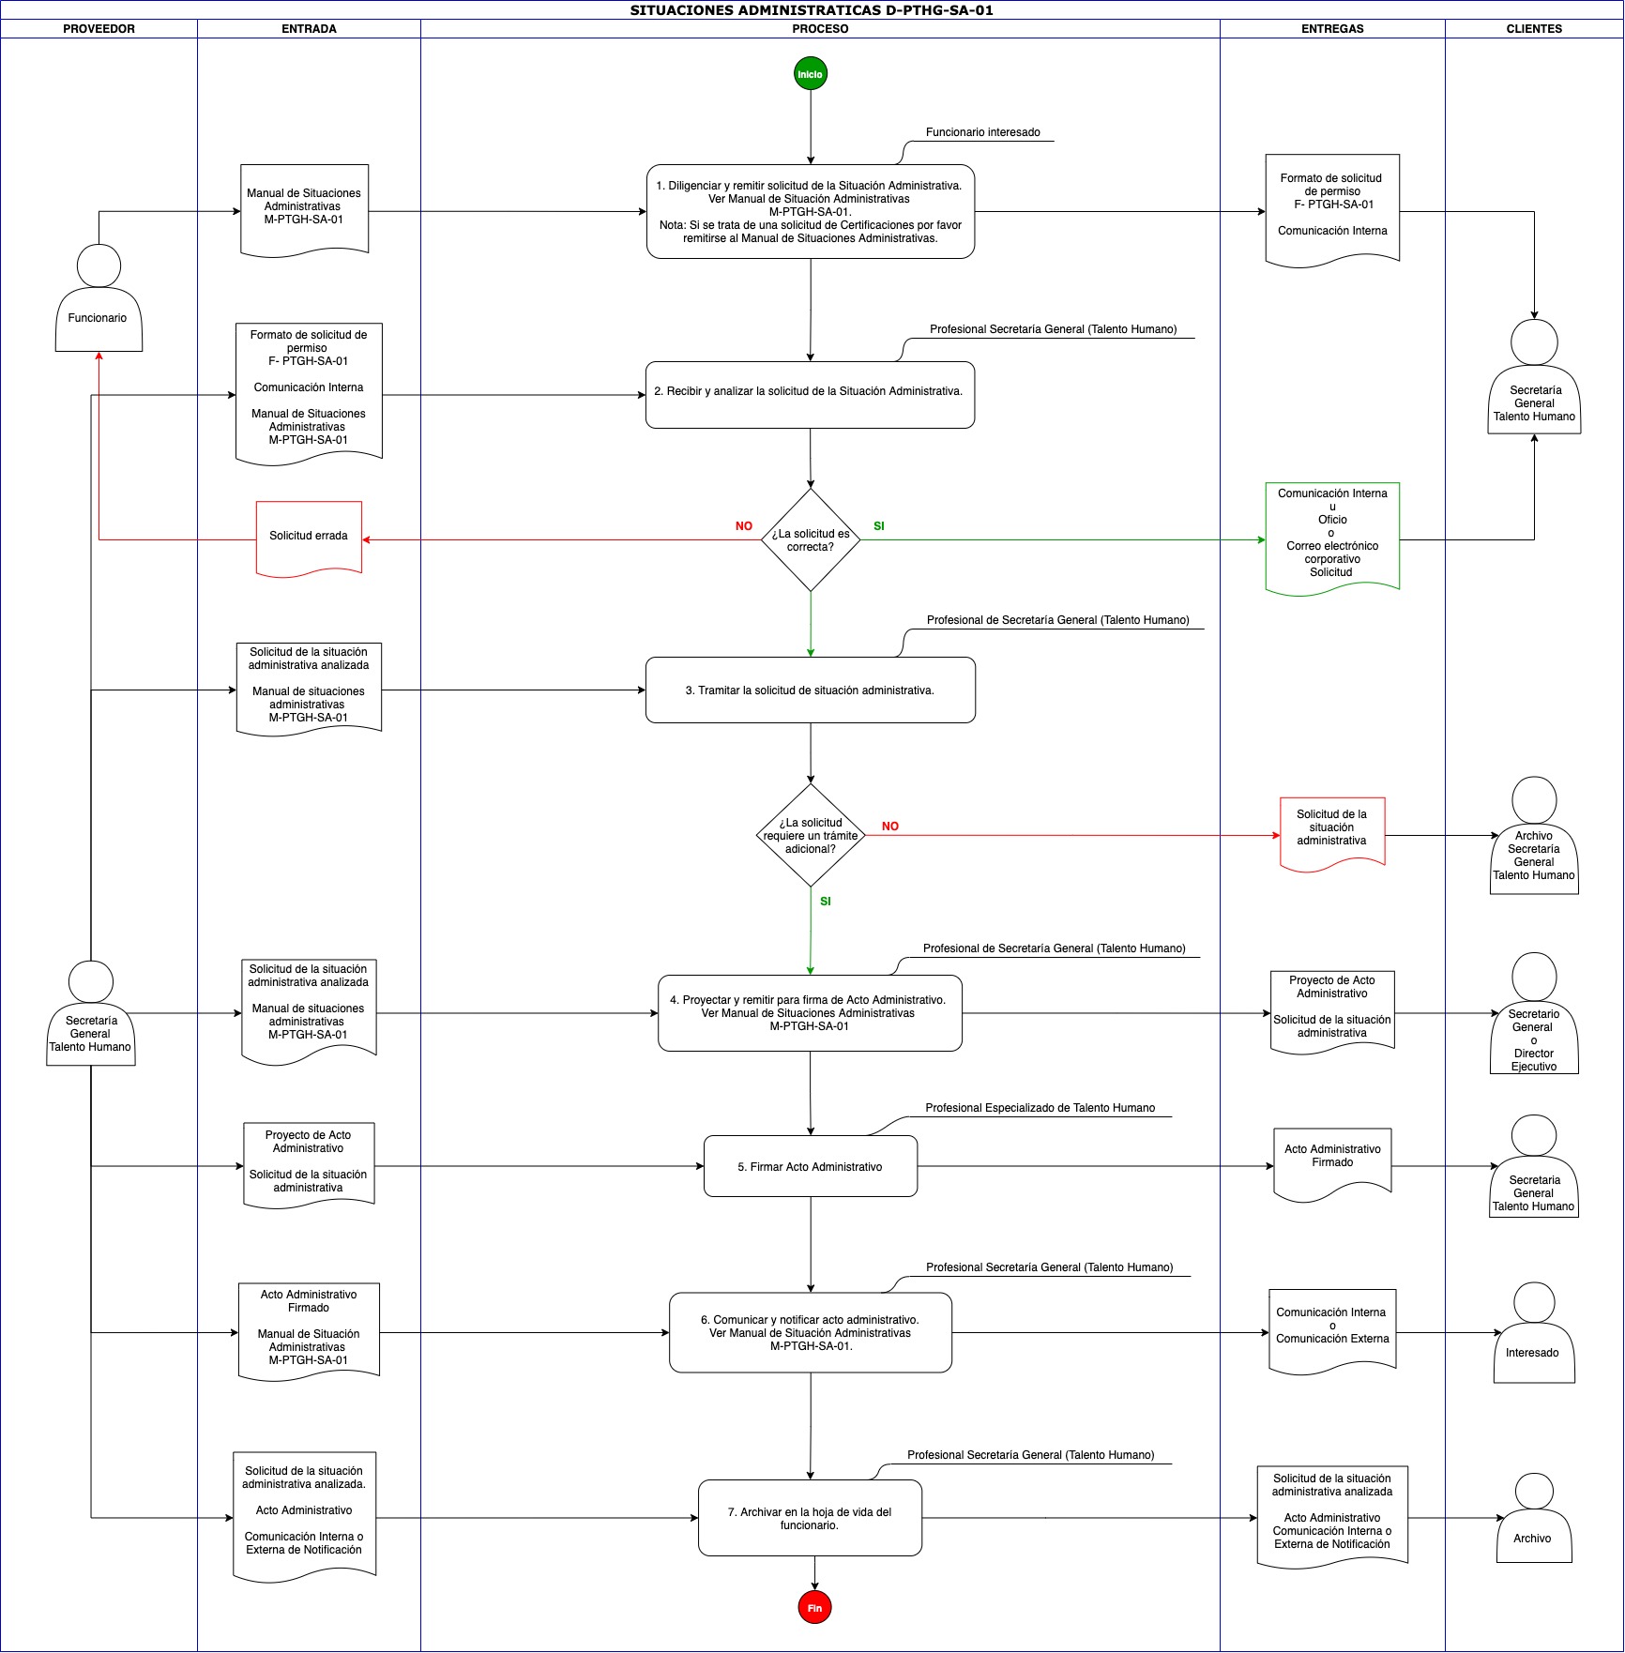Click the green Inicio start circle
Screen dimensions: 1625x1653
tap(810, 74)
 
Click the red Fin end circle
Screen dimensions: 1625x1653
tap(814, 1608)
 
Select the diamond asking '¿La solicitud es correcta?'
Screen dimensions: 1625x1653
tap(811, 540)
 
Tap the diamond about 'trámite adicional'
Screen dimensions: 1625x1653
tap(811, 835)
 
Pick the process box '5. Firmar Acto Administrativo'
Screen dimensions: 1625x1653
tap(811, 1166)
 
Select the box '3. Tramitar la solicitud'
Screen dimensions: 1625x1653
tap(811, 690)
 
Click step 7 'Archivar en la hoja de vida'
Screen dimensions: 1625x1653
tap(811, 1518)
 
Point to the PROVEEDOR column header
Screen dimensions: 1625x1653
tap(99, 29)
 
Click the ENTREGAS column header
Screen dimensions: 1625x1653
tap(1332, 29)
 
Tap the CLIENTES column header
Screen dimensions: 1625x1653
tap(1534, 29)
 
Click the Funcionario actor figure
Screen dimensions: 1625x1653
tap(99, 298)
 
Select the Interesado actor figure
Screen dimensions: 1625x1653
tap(1534, 1332)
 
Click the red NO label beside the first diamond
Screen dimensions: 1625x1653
tap(744, 526)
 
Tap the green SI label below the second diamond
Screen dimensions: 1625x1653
tap(826, 902)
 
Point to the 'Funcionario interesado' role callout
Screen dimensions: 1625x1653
tap(983, 132)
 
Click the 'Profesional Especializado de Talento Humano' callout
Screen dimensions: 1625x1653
tap(1040, 1108)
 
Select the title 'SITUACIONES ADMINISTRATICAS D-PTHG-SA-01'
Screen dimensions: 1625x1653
tap(812, 10)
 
